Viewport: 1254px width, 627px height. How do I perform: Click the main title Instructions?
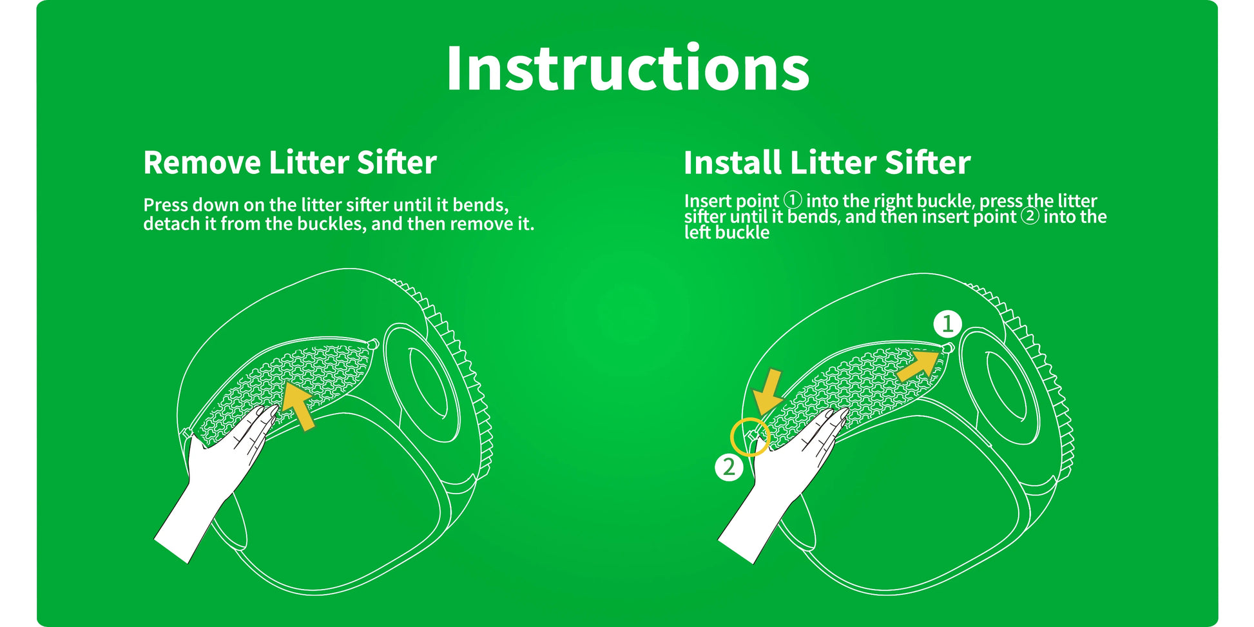point(628,68)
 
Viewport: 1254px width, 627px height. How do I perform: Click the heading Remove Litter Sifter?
point(290,162)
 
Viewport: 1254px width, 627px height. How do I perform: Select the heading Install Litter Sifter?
point(827,162)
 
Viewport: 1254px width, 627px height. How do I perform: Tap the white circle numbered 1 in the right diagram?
point(947,323)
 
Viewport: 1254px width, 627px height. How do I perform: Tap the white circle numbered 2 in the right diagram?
point(729,467)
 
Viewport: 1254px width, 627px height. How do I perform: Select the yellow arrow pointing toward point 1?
point(918,365)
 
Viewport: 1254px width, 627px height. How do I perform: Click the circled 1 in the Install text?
point(792,200)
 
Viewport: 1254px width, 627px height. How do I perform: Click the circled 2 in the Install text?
point(1030,216)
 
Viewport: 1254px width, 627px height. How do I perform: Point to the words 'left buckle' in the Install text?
point(727,232)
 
